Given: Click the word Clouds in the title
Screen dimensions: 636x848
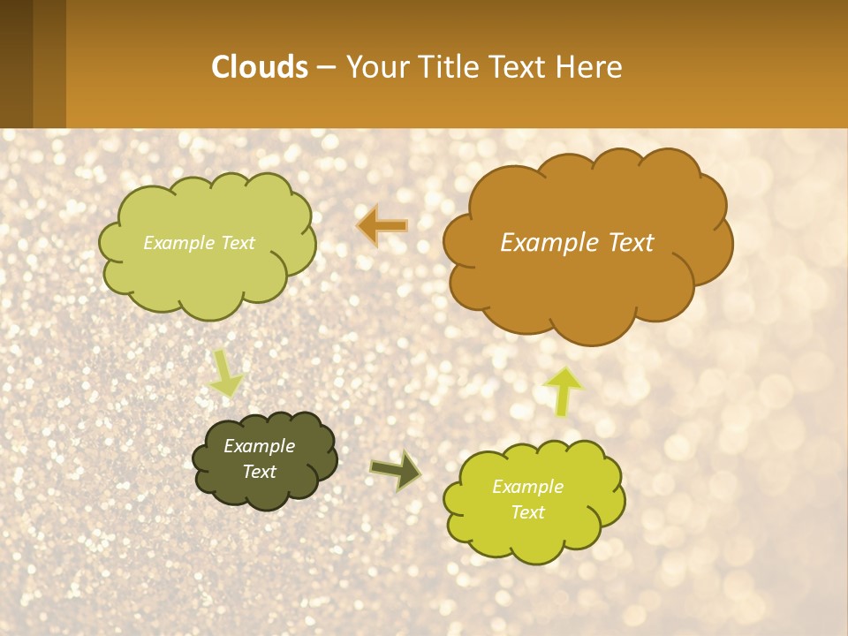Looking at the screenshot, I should tap(260, 67).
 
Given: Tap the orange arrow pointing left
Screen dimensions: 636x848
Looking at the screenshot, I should tap(382, 226).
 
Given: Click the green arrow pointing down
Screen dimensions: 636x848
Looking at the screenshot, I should tap(226, 375).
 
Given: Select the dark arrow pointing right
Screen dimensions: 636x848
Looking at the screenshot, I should tap(397, 471).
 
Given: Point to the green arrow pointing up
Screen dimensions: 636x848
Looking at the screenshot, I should tap(563, 391).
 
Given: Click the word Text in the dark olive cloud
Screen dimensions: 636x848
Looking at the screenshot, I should tap(260, 472).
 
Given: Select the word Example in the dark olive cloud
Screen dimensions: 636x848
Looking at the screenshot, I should tap(260, 446).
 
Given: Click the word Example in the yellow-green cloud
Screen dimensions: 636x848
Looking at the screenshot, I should tap(527, 487).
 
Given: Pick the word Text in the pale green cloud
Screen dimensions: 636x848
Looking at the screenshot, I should tap(236, 243).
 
